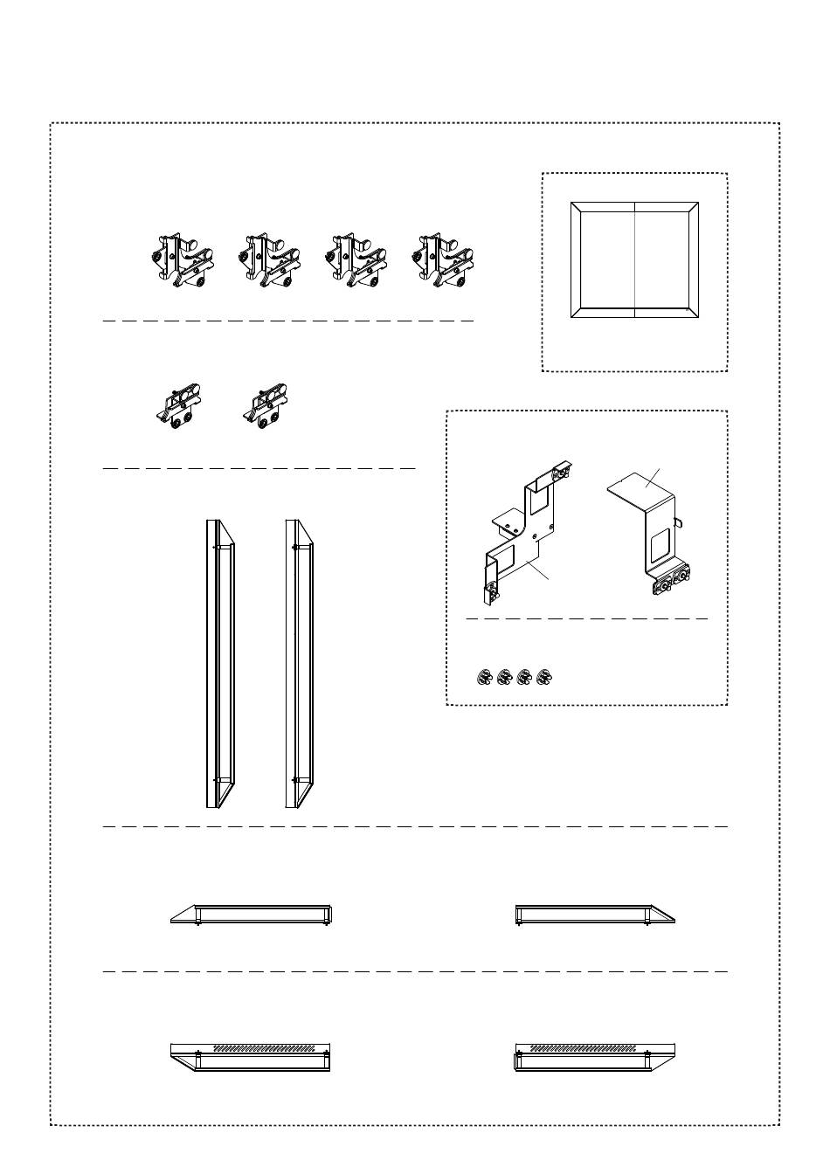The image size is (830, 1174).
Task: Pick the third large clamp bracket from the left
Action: click(x=357, y=260)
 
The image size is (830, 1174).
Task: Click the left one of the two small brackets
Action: click(x=182, y=407)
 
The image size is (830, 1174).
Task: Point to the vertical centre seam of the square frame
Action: click(x=634, y=259)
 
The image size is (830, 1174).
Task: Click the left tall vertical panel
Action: click(x=220, y=664)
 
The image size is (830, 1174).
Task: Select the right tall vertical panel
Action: click(x=300, y=664)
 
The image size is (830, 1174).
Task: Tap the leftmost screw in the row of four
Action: click(x=482, y=677)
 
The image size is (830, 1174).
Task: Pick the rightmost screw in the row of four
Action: click(x=546, y=677)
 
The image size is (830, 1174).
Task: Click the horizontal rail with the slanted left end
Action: click(x=252, y=915)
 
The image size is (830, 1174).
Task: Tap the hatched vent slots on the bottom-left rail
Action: click(x=264, y=1046)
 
